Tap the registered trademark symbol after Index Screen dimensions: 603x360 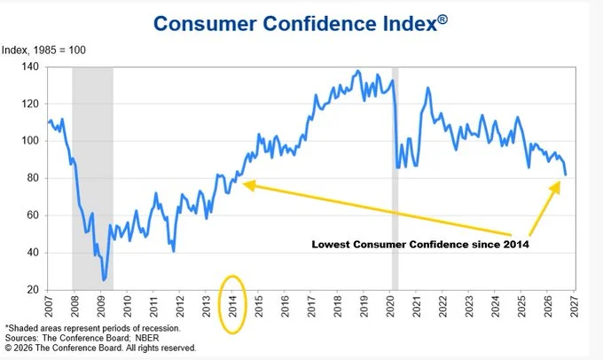pyautogui.click(x=442, y=20)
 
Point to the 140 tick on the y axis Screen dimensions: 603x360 pyautogui.click(x=29, y=67)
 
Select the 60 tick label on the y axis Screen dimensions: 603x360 pyautogui.click(x=32, y=215)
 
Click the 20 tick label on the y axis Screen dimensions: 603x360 pyautogui.click(x=32, y=290)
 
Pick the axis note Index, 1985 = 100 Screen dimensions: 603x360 pyautogui.click(x=43, y=50)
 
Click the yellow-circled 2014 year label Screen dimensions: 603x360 pyautogui.click(x=232, y=307)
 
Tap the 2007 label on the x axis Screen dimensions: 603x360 pyautogui.click(x=49, y=307)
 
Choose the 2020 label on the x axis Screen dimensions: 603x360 pyautogui.click(x=390, y=307)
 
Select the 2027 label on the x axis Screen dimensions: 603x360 pyautogui.click(x=574, y=307)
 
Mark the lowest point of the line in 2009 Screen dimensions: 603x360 pyautogui.click(x=103, y=280)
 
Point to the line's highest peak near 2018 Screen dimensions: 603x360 pyautogui.click(x=358, y=71)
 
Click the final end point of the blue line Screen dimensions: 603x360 pyautogui.click(x=566, y=175)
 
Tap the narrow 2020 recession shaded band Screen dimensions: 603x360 pyautogui.click(x=395, y=178)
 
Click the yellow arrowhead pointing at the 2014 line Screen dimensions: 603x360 pyautogui.click(x=249, y=185)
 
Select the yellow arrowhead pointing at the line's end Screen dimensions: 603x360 pyautogui.click(x=555, y=187)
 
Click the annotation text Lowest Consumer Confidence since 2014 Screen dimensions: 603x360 pyautogui.click(x=420, y=244)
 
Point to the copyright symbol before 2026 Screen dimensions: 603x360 pyautogui.click(x=9, y=348)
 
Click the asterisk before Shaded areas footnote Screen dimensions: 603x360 pyautogui.click(x=6, y=327)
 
